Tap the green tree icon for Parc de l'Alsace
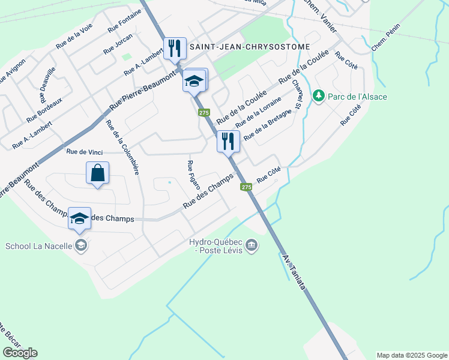318,96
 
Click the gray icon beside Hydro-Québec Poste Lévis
252,245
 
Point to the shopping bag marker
98,174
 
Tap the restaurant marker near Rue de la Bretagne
228,142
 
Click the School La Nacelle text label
38,245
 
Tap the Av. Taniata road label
294,271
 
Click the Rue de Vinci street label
84,152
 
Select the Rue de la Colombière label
122,147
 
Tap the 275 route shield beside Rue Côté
246,187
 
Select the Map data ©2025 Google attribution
411,355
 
